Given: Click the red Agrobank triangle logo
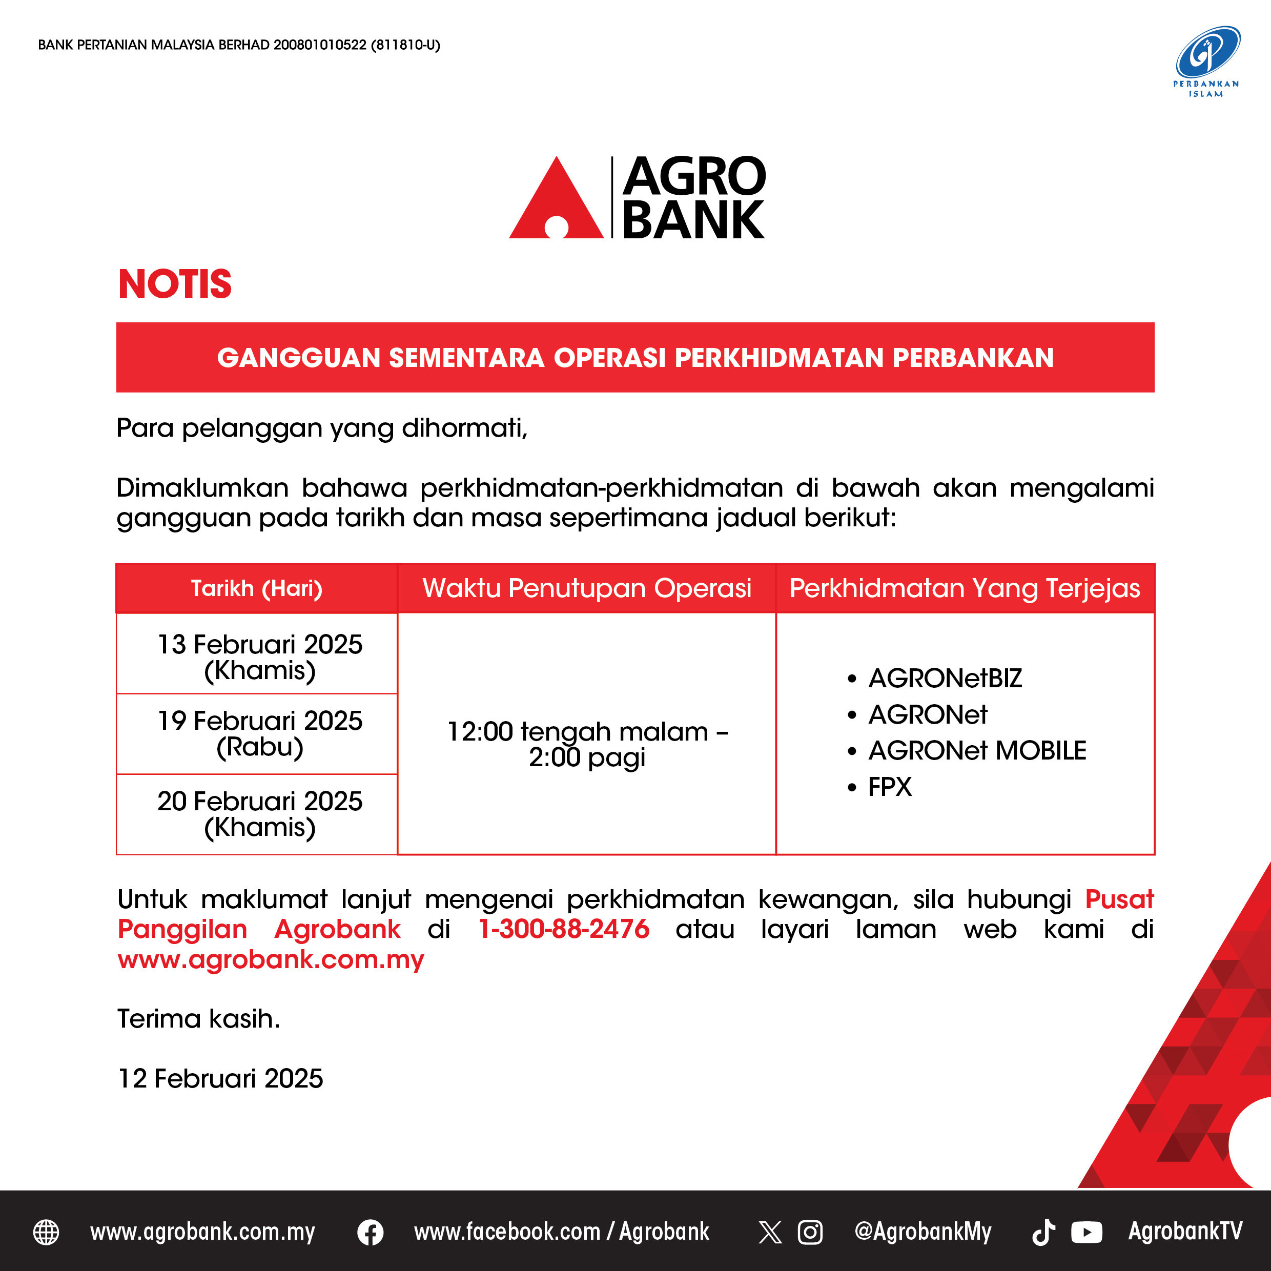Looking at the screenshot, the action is (556, 201).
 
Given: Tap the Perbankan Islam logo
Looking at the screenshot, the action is (1206, 61).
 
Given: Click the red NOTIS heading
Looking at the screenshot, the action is (175, 284).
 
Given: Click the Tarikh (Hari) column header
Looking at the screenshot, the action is (257, 588).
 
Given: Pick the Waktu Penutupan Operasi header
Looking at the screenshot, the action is (587, 588).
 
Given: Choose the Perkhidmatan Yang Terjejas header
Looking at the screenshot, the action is (965, 588).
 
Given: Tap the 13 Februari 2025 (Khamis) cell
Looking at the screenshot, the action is (260, 657).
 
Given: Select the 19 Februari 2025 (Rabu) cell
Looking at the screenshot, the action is (260, 733).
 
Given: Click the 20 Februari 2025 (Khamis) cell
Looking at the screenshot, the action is (260, 814).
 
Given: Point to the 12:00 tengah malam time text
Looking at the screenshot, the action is (578, 731).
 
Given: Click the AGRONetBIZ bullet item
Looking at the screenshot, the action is (935, 678).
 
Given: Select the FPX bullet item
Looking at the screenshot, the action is (879, 787).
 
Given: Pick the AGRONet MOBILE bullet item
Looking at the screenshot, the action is (967, 751).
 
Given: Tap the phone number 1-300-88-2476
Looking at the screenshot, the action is (564, 929).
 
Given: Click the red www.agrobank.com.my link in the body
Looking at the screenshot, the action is (271, 960).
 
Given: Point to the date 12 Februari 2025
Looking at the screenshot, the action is (220, 1079).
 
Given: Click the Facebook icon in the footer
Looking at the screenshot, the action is (371, 1232).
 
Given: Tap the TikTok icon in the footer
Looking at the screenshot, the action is (1043, 1232).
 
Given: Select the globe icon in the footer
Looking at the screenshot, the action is (46, 1232).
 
